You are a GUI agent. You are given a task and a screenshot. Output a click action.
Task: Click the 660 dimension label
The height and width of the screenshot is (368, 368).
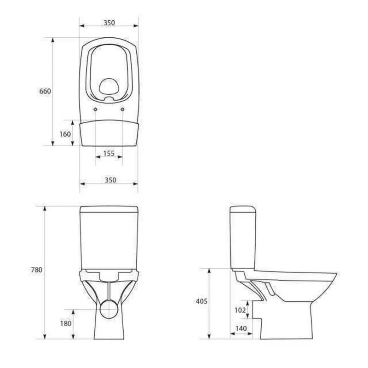(x=45, y=91)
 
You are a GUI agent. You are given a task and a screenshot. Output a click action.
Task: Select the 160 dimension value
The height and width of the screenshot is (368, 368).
(x=65, y=134)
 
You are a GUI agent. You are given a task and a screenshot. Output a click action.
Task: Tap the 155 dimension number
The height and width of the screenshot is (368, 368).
(x=109, y=154)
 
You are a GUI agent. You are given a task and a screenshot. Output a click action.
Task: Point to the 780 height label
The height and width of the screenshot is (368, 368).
(x=36, y=270)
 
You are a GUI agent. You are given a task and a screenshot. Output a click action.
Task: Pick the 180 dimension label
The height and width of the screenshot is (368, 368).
(x=66, y=323)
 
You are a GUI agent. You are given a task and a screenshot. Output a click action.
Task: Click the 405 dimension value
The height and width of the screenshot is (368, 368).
(x=201, y=301)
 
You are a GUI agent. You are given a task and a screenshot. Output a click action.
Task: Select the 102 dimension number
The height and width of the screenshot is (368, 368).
(x=240, y=310)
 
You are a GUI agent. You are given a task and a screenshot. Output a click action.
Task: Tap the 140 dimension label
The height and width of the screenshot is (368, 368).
(x=241, y=328)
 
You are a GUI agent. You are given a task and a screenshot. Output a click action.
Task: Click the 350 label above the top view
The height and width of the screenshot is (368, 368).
(x=109, y=23)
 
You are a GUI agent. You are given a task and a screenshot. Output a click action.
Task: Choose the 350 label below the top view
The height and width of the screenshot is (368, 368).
(x=109, y=180)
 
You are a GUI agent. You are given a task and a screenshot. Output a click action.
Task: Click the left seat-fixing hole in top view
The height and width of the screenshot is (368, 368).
(x=95, y=109)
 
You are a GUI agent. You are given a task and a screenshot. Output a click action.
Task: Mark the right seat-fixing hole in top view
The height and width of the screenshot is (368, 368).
(x=123, y=109)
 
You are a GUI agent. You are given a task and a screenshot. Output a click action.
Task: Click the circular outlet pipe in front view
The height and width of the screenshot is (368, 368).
(x=109, y=309)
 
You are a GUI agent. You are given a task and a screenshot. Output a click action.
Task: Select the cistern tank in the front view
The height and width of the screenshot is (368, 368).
(x=109, y=237)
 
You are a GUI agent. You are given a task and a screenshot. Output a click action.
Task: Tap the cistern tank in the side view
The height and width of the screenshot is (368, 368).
(x=242, y=237)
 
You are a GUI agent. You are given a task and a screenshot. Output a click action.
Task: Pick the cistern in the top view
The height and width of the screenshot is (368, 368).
(x=109, y=133)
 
